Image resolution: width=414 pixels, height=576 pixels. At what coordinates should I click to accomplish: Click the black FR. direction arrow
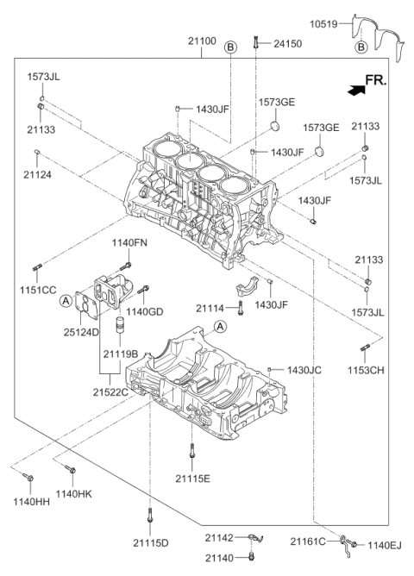pos(351,88)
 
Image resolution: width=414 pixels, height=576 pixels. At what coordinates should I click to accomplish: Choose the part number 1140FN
pos(129,243)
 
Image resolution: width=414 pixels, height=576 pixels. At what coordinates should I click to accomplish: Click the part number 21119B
pos(121,354)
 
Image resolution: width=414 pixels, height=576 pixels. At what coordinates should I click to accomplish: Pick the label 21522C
pos(110,392)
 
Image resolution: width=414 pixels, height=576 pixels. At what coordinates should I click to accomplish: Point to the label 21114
pos(211,308)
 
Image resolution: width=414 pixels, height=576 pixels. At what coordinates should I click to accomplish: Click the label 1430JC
pos(304,369)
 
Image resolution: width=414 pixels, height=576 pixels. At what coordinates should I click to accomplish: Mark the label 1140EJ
pos(386,544)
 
